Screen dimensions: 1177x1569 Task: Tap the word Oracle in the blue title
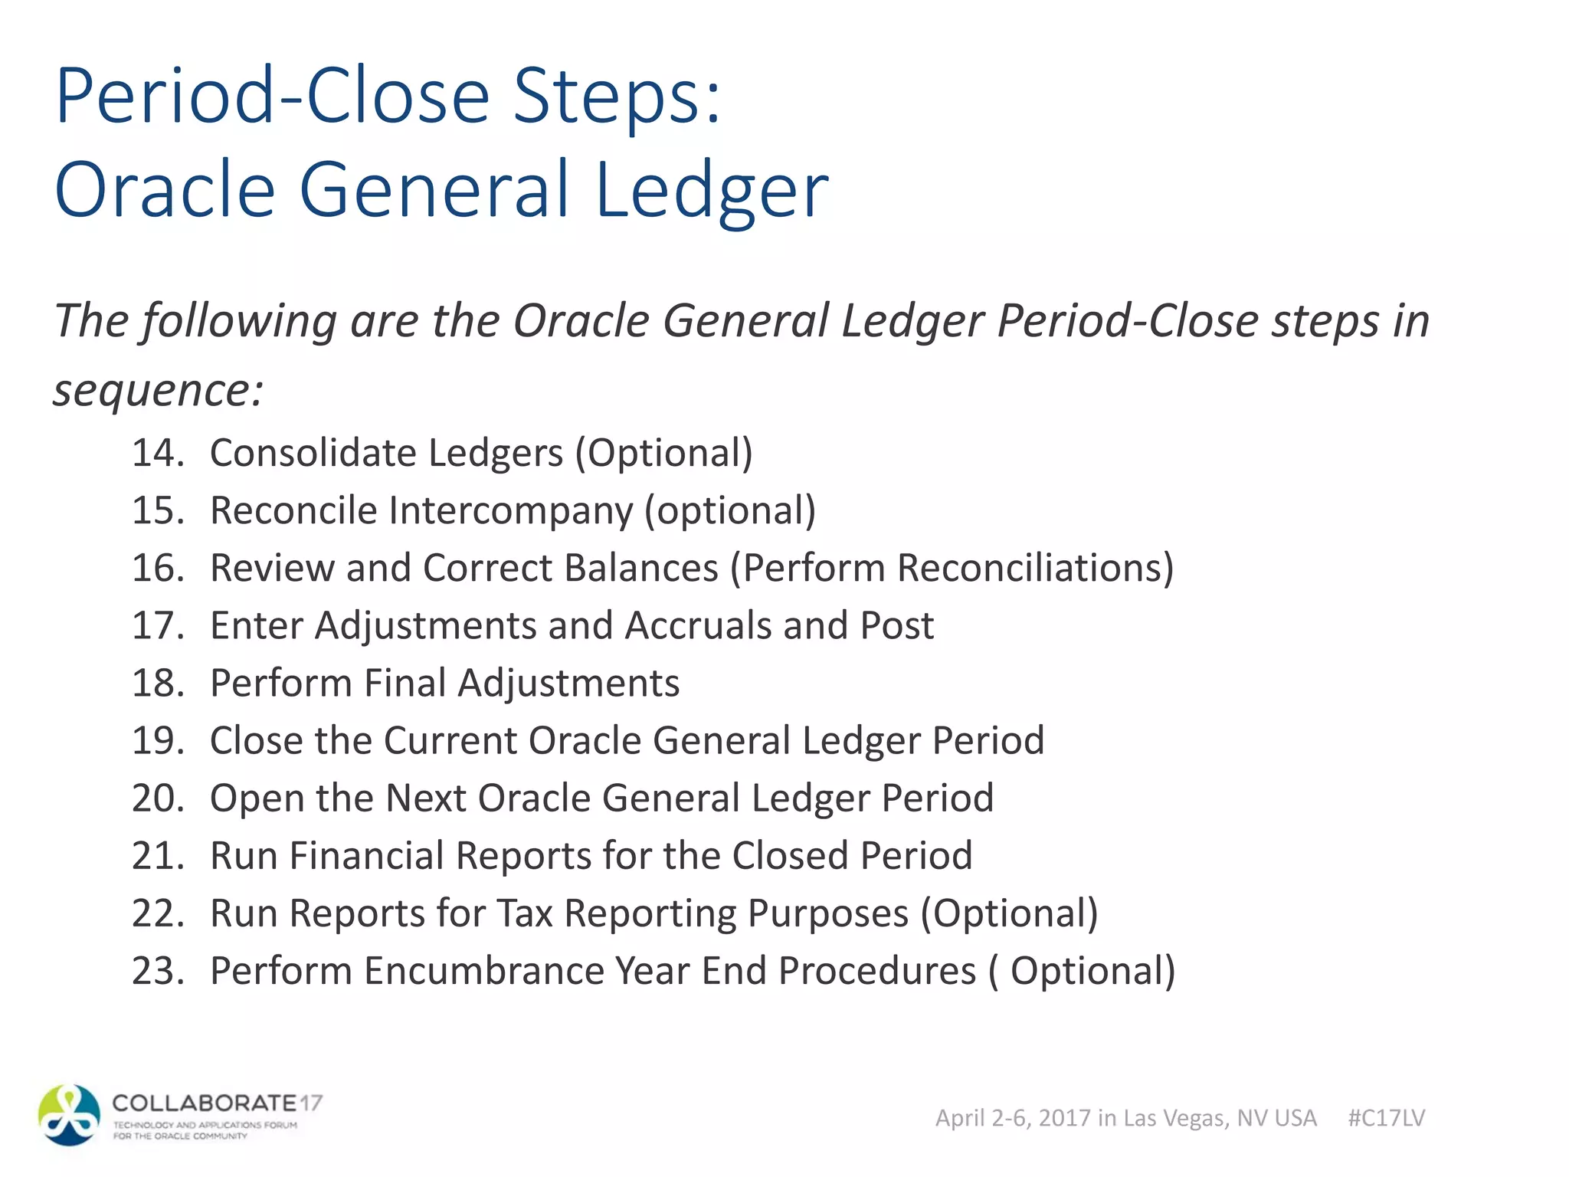pyautogui.click(x=165, y=190)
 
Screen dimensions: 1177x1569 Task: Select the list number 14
pyautogui.click(x=158, y=453)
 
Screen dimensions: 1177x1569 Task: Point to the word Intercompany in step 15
pyautogui.click(x=511, y=510)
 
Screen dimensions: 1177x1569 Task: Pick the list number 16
pyautogui.click(x=158, y=568)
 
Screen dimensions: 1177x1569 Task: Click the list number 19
pyautogui.click(x=158, y=740)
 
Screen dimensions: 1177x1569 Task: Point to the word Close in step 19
pyautogui.click(x=257, y=740)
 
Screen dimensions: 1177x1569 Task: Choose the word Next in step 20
pyautogui.click(x=426, y=798)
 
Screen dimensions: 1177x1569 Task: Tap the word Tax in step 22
pyautogui.click(x=525, y=913)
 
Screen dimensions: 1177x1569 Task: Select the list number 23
pyautogui.click(x=158, y=971)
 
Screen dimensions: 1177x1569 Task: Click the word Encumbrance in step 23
pyautogui.click(x=483, y=971)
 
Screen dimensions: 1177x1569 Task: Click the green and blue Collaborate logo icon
pyautogui.click(x=70, y=1115)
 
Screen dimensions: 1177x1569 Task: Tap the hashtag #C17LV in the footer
pyautogui.click(x=1387, y=1118)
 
